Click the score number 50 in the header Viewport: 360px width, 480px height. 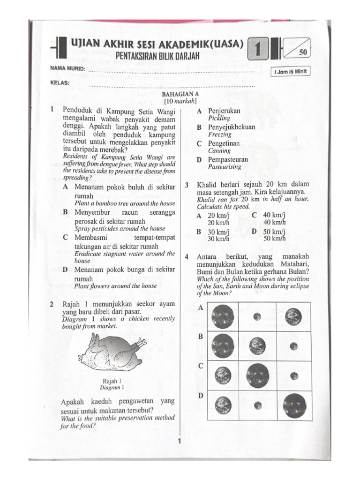(x=302, y=52)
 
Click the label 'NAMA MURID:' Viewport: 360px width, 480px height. (x=68, y=69)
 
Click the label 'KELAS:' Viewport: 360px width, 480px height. (x=60, y=83)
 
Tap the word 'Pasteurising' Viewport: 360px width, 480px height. (x=225, y=167)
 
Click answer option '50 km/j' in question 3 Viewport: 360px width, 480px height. (x=274, y=232)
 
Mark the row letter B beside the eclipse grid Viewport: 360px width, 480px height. (x=200, y=337)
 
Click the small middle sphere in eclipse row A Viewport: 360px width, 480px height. (x=257, y=316)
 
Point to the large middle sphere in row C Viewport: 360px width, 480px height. (x=257, y=375)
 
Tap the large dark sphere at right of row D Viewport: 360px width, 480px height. (x=294, y=405)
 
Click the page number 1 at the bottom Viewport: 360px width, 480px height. (x=179, y=441)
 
